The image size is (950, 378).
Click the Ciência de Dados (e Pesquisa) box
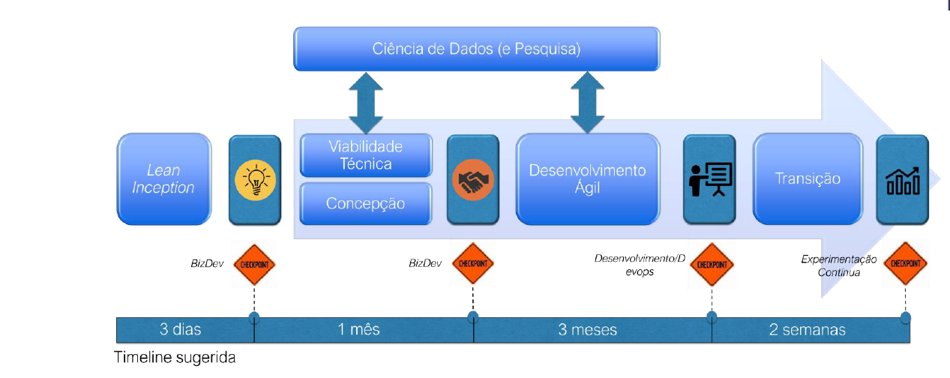476,49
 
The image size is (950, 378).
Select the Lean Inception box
163,179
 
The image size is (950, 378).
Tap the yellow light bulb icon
255,179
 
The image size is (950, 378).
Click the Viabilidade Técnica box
366,155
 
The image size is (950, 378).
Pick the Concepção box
366,203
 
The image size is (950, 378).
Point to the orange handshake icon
472,180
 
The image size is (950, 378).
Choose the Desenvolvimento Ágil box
588,179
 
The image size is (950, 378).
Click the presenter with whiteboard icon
709,179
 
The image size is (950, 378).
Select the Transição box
808,179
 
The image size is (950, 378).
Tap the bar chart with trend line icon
903,180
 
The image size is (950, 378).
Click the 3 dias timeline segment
181,330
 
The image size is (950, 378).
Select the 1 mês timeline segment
360,330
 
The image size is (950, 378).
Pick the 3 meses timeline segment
588,330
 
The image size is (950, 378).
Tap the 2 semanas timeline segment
807,330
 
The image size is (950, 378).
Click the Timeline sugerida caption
175,358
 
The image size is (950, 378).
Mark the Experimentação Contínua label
838,266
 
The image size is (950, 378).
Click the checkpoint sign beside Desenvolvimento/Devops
711,265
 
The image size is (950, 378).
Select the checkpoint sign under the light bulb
255,264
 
